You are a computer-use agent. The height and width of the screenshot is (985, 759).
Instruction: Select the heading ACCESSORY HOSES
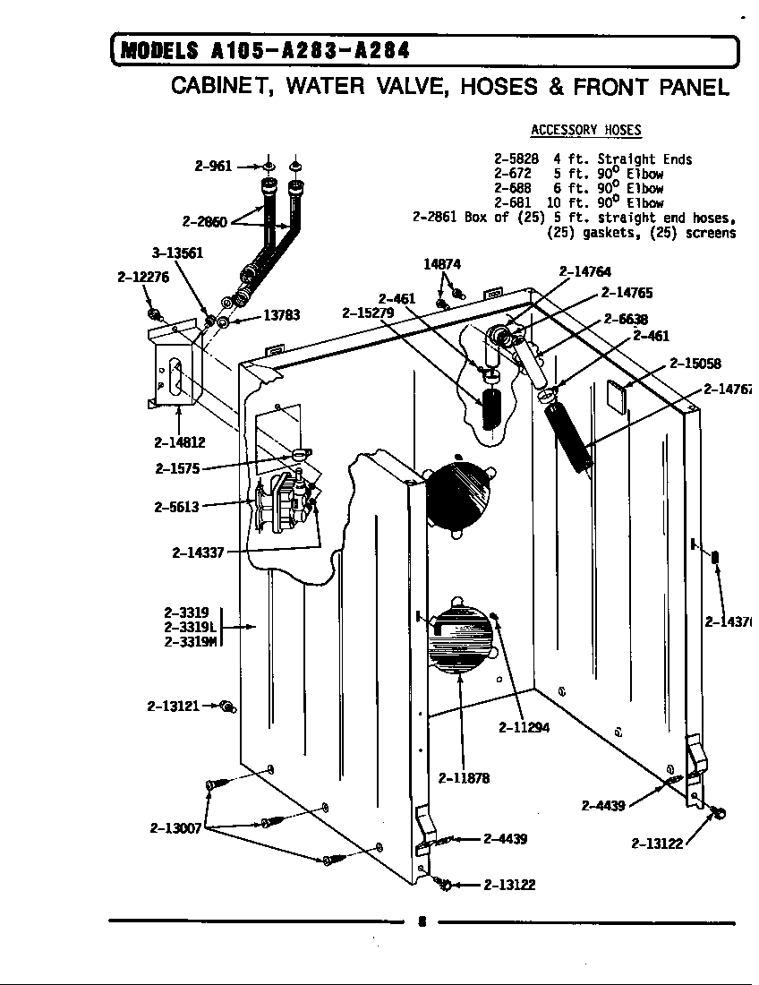coord(586,130)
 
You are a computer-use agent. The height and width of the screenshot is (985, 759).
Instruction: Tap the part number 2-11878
coord(464,778)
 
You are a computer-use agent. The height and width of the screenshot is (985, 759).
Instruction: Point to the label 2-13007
coord(175,828)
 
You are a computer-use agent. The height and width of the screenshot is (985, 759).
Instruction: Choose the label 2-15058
coord(695,364)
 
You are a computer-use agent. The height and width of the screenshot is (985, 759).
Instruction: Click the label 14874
coord(442,264)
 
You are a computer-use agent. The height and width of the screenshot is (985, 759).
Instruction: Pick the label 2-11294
coord(524,727)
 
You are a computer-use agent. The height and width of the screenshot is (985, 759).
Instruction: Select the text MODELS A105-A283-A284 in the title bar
coord(265,51)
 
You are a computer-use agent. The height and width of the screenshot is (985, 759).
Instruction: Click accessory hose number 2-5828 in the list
coord(516,159)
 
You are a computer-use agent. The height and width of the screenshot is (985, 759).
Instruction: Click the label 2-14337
coord(198,552)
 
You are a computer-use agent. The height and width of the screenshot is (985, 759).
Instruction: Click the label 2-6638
coord(626,319)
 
